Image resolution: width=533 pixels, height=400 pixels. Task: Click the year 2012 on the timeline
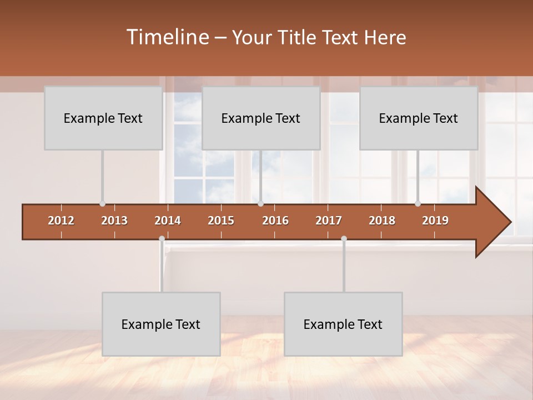coord(61,221)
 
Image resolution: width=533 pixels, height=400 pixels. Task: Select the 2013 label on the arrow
coord(114,221)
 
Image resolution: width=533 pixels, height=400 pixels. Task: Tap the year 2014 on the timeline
coord(168,221)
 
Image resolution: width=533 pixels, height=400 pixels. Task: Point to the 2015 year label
coord(221,221)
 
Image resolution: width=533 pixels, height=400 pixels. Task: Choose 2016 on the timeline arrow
coord(275,221)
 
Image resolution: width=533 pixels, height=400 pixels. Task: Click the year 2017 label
coord(329,221)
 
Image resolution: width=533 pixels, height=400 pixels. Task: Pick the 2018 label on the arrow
coord(382,221)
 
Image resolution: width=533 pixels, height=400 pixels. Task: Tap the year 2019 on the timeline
coord(435,221)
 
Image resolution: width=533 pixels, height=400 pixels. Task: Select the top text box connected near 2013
coord(103,118)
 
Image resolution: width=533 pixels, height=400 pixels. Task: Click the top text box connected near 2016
coord(261,118)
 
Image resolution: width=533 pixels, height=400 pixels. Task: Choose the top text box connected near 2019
coord(419,118)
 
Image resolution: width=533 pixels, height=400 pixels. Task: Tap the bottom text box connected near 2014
coord(161,324)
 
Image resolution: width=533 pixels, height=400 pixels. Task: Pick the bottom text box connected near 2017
coord(343,324)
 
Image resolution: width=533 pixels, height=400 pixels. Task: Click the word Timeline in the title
coord(167,37)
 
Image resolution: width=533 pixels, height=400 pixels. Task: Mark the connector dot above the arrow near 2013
coord(102,204)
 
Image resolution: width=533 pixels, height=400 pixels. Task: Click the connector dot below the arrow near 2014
coord(162,239)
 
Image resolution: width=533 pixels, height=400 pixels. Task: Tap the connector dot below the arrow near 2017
coord(344,239)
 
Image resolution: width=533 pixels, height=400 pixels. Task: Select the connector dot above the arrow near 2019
coord(418,204)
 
